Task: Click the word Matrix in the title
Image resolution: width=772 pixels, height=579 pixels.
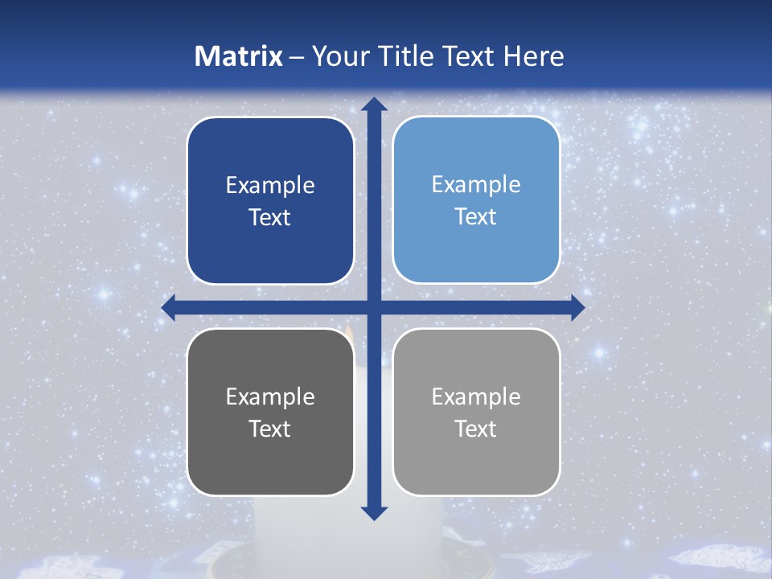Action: (239, 56)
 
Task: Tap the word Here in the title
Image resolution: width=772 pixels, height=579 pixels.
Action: (534, 56)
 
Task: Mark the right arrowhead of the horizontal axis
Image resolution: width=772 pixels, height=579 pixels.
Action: (577, 307)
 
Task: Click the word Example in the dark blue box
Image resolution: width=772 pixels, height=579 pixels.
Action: (270, 185)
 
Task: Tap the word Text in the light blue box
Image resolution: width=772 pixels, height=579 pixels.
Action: (476, 216)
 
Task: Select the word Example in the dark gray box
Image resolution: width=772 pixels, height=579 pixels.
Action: (270, 396)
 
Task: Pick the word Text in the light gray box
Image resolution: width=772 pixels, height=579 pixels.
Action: (476, 429)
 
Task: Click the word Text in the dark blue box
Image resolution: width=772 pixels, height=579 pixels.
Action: (270, 217)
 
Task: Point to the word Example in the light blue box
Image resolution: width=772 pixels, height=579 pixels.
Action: (476, 184)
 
